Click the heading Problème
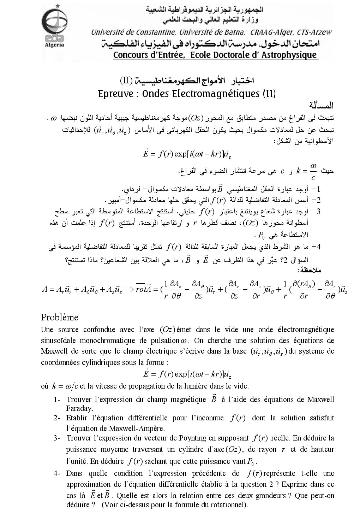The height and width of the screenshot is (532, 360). tap(59, 317)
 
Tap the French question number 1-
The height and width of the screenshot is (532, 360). tap(58, 400)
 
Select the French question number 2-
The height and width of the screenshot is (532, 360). tap(58, 418)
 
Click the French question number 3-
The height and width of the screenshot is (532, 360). tap(58, 438)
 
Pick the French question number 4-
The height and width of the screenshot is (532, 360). tap(58, 473)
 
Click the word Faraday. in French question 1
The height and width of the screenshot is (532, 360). tap(79, 408)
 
